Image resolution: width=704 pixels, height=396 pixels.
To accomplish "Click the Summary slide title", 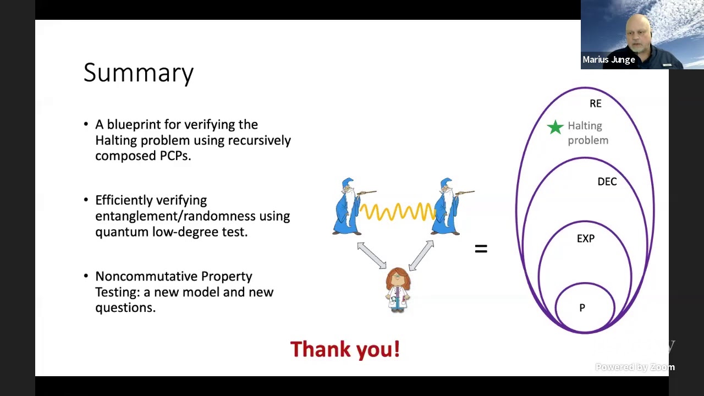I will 138,73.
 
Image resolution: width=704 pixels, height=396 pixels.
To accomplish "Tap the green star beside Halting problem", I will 555,127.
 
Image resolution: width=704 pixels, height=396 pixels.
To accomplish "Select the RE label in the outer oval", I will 595,103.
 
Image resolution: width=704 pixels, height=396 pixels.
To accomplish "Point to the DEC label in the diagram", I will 607,182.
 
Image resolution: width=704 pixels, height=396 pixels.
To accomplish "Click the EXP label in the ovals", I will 585,238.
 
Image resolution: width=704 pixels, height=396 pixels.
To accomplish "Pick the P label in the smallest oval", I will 582,308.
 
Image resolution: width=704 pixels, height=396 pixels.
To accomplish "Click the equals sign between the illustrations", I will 481,249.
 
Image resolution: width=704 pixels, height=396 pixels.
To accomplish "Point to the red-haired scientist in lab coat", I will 398,289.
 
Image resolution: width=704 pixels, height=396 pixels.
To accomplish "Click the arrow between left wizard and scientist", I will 372,256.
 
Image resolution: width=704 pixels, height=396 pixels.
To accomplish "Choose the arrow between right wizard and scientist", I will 421,256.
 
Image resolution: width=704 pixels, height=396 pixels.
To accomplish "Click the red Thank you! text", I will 345,349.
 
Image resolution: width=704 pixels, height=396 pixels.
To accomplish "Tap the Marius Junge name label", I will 608,59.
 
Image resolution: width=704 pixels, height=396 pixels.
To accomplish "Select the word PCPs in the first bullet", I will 175,156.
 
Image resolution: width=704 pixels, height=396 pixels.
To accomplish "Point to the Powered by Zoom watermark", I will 635,367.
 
